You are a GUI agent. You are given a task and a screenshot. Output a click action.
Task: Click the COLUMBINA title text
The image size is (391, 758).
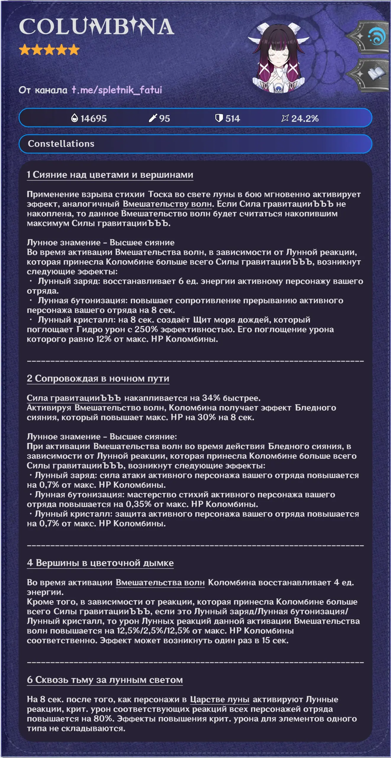[x=96, y=27]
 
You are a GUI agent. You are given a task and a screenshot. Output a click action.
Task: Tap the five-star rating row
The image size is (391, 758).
[x=49, y=50]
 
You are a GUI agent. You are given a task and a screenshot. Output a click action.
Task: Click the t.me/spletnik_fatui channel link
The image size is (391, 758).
[x=117, y=90]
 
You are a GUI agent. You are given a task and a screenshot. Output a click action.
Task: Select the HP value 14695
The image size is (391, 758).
[x=93, y=119]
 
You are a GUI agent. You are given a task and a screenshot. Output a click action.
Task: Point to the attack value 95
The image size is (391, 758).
[x=164, y=119]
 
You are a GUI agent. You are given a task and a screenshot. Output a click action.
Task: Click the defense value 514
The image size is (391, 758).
[x=232, y=119]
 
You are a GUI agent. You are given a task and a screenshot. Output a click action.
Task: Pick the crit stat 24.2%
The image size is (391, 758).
[x=305, y=119]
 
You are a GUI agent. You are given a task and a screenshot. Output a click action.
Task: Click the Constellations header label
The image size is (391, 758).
[x=61, y=144]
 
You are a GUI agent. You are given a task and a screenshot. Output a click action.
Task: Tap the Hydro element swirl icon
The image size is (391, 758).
[x=376, y=37]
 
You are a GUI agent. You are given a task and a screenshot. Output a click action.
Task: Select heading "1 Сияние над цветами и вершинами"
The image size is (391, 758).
[x=110, y=175]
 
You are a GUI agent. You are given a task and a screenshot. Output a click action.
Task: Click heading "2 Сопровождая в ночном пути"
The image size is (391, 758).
[x=98, y=378]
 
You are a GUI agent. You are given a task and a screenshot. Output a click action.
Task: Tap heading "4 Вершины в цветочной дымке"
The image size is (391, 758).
[x=100, y=563]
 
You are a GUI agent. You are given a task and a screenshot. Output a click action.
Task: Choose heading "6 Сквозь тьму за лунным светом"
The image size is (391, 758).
[x=105, y=680]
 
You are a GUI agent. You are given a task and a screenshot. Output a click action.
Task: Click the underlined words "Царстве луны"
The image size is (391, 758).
[x=220, y=699]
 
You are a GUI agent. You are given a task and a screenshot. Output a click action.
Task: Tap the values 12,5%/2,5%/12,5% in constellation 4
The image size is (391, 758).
[x=153, y=631]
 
